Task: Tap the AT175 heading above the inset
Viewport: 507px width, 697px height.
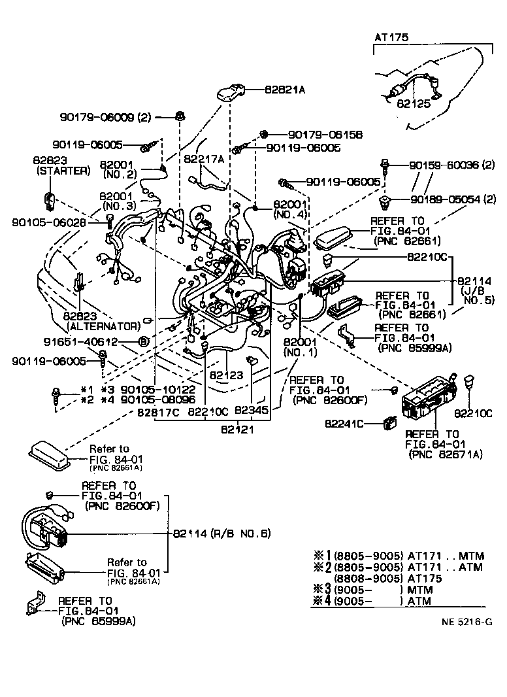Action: [x=391, y=38]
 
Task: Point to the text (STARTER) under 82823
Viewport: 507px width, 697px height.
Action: [x=63, y=171]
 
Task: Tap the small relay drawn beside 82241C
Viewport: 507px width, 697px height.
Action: [x=391, y=423]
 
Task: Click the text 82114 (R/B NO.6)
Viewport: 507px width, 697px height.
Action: [x=221, y=534]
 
